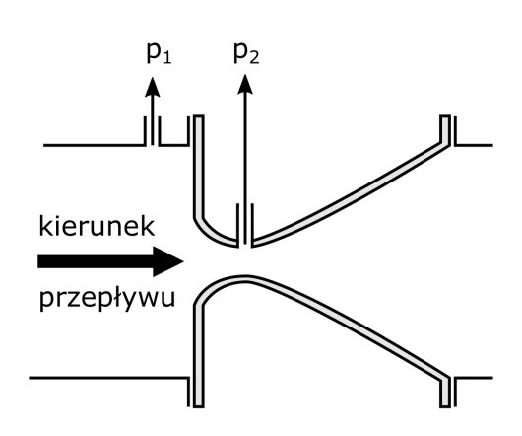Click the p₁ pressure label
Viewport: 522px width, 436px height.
(x=160, y=53)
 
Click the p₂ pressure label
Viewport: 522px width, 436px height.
(x=246, y=53)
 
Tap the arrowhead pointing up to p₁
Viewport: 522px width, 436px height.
(x=153, y=87)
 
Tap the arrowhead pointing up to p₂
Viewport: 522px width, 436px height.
(x=245, y=84)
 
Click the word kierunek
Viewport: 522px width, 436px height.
(x=97, y=226)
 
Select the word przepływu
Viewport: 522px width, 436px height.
(x=107, y=297)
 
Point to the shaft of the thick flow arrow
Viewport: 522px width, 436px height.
(x=96, y=261)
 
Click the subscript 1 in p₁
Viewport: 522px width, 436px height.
(x=167, y=59)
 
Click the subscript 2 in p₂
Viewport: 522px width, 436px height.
(x=254, y=59)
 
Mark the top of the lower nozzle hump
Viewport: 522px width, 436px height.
(x=245, y=278)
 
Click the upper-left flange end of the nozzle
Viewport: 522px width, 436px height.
(x=199, y=116)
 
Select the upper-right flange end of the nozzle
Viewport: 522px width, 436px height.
(x=445, y=116)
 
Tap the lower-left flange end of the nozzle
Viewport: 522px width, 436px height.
(x=199, y=405)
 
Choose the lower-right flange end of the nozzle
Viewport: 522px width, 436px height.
(x=445, y=405)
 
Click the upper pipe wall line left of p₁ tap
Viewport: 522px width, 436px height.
(x=95, y=145)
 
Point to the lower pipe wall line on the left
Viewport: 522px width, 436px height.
(x=108, y=378)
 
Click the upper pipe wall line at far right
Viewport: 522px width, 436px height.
(x=474, y=145)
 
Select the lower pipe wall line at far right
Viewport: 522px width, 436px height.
(x=474, y=378)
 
